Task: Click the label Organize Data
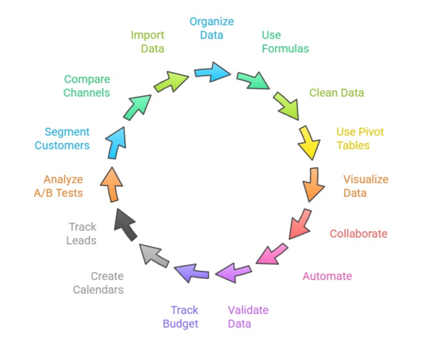pyautogui.click(x=211, y=28)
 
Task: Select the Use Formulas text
pyautogui.click(x=285, y=42)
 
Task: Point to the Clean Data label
pyautogui.click(x=336, y=92)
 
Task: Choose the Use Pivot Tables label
pyautogui.click(x=360, y=139)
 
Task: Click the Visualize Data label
pyautogui.click(x=366, y=186)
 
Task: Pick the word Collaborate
pyautogui.click(x=358, y=234)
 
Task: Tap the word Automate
pyautogui.click(x=327, y=276)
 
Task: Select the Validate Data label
pyautogui.click(x=248, y=317)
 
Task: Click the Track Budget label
pyautogui.click(x=181, y=317)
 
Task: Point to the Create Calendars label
pyautogui.click(x=98, y=283)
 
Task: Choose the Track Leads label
pyautogui.click(x=82, y=234)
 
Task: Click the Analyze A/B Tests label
pyautogui.click(x=58, y=186)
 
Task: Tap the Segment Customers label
pyautogui.click(x=62, y=139)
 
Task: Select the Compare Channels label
pyautogui.click(x=87, y=86)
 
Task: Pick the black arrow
pyautogui.click(x=125, y=224)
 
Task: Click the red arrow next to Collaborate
pyautogui.click(x=300, y=224)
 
